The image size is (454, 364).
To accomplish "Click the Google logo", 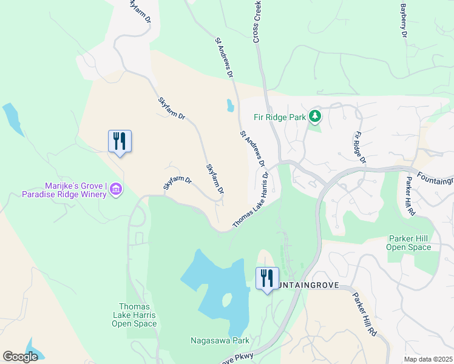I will point(20,357).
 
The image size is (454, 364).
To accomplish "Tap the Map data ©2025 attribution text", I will point(428,359).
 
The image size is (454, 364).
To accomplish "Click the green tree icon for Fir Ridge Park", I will point(314,115).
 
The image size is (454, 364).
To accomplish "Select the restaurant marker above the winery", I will point(120,141).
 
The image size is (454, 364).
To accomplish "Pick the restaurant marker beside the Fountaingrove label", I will point(267,278).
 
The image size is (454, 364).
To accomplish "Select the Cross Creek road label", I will point(257,21).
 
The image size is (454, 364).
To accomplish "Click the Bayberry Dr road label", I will point(402,20).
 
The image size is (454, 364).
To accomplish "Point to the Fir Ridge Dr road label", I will point(360,147).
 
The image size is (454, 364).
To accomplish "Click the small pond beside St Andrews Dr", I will point(230,106).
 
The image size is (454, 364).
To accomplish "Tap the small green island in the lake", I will point(227,300).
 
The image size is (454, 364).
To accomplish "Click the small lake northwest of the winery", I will point(12,118).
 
